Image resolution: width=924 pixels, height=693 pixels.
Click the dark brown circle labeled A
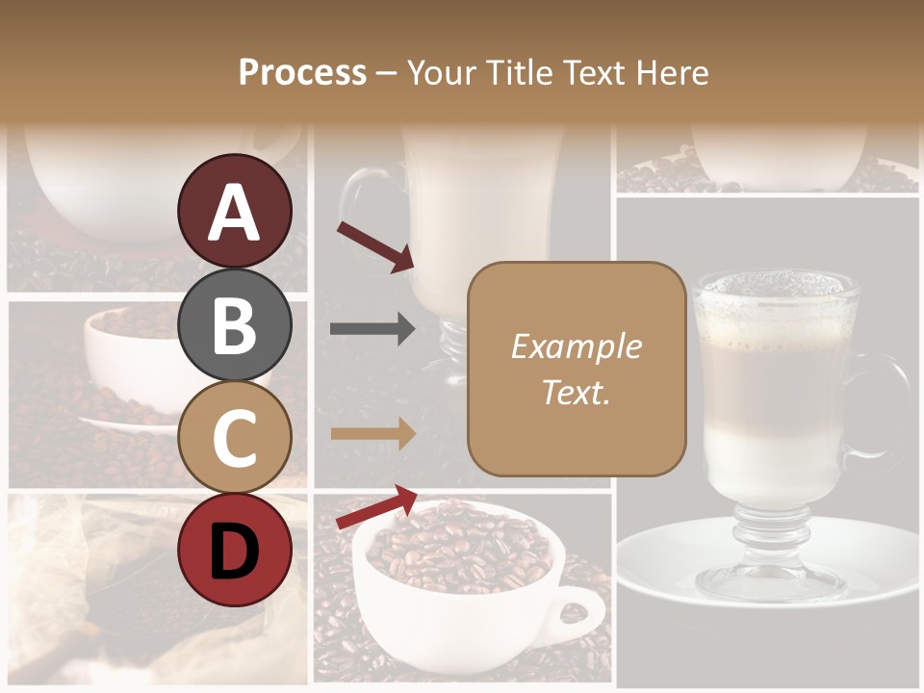coord(235,211)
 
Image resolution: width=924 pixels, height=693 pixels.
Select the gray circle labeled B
coord(235,324)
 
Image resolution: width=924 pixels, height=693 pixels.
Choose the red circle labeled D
coord(235,550)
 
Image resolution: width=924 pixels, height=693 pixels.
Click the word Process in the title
coord(302,72)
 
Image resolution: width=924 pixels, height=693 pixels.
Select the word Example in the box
coord(577,346)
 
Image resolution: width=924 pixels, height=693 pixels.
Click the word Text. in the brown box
coord(577,392)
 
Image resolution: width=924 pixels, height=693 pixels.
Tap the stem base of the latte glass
coord(770,568)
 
